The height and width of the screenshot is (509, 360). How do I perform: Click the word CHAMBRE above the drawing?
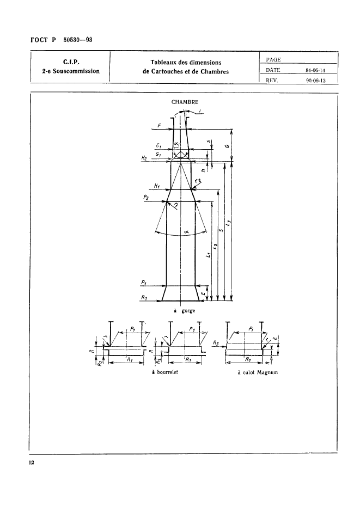(x=185, y=102)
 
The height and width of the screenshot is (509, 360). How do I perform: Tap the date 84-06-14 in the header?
(x=315, y=70)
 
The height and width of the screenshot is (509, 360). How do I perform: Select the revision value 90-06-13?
(x=315, y=81)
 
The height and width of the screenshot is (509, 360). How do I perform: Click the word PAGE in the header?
(x=273, y=60)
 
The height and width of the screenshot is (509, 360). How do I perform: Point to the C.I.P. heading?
(x=71, y=62)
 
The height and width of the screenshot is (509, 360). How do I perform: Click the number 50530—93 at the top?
(x=77, y=40)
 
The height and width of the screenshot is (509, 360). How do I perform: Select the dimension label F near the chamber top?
(x=158, y=125)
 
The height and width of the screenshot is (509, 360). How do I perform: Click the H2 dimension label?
(x=144, y=158)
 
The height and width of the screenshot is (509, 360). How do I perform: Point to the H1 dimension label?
(x=156, y=186)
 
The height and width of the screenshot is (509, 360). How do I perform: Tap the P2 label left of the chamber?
(x=146, y=198)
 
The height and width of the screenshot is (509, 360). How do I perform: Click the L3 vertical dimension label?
(x=229, y=223)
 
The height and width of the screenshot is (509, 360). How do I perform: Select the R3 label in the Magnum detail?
(x=216, y=342)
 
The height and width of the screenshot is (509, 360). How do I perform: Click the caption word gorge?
(x=188, y=311)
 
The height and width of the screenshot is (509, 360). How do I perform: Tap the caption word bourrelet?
(x=167, y=372)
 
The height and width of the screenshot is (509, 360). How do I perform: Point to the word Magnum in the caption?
(x=267, y=372)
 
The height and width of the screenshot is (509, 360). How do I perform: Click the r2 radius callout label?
(x=198, y=181)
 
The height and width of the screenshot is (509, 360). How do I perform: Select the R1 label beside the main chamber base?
(x=144, y=297)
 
